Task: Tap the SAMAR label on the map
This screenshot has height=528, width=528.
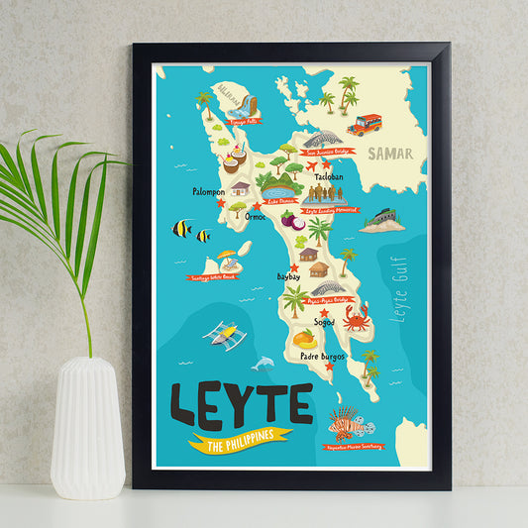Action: click(389, 154)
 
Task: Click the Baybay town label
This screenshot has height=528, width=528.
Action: click(287, 276)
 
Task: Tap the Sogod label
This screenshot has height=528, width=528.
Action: click(324, 321)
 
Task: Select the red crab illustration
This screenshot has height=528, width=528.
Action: click(356, 318)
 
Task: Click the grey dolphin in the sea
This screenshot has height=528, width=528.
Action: click(263, 365)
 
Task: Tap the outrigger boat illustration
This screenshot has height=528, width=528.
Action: click(225, 335)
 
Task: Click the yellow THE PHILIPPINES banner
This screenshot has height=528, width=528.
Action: click(241, 441)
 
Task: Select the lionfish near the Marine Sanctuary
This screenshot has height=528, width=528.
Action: click(343, 423)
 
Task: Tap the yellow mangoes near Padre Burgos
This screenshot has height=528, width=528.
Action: click(304, 340)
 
